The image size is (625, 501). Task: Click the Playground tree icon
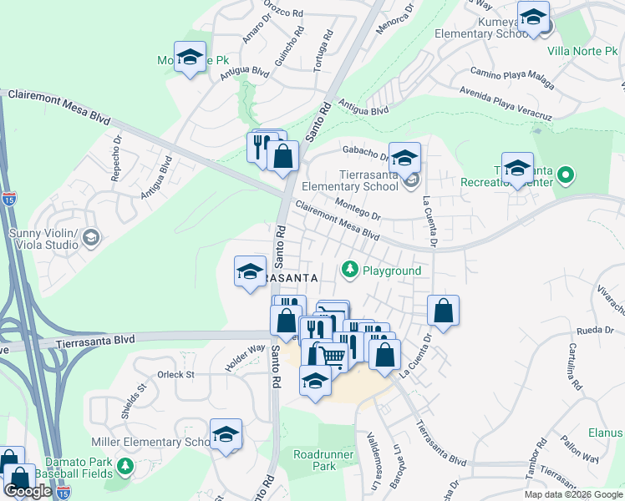point(350,271)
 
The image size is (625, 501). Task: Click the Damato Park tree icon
point(125,466)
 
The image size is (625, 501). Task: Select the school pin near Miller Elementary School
point(226,434)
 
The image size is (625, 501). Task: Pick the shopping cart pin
point(333,357)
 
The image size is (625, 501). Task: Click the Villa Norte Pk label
point(582,51)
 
